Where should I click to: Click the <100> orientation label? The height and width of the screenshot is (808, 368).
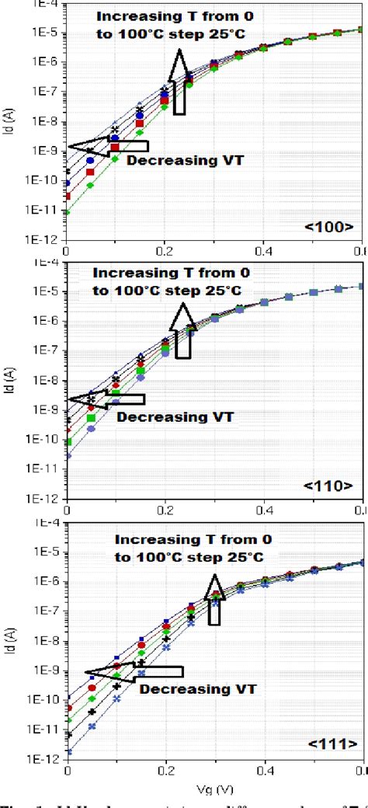coord(329,228)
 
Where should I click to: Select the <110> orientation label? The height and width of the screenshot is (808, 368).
coord(329,486)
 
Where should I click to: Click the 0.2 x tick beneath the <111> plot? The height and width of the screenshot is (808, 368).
coord(165,770)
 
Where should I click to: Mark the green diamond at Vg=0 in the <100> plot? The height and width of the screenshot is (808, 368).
coord(68,212)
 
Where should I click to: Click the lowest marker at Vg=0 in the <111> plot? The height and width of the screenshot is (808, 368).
coord(68,752)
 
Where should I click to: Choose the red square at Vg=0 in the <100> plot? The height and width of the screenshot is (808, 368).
coord(68,196)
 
